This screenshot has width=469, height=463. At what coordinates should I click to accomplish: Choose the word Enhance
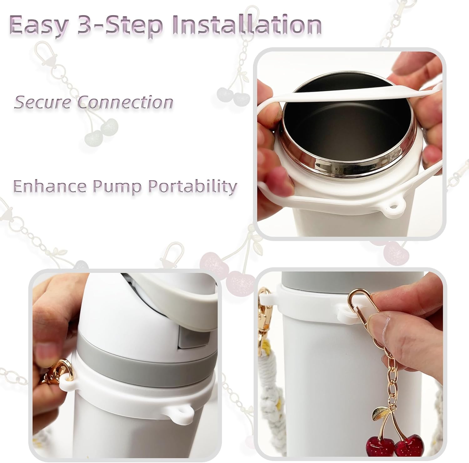[x=50, y=186]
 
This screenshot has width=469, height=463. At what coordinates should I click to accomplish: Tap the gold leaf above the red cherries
[x=379, y=413]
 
